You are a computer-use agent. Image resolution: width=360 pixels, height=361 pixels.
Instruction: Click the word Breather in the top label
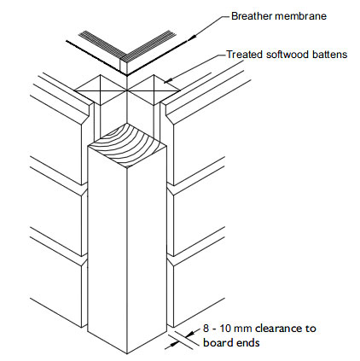pyautogui.click(x=255, y=15)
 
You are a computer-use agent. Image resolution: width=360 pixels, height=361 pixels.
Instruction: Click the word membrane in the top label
pyautogui.click(x=305, y=15)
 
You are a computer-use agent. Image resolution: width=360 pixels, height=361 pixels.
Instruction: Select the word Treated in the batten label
pyautogui.click(x=247, y=55)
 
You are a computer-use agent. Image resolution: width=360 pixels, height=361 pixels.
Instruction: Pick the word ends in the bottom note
pyautogui.click(x=251, y=344)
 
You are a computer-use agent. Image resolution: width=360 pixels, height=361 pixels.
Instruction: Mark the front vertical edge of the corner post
pyautogui.click(x=126, y=256)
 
